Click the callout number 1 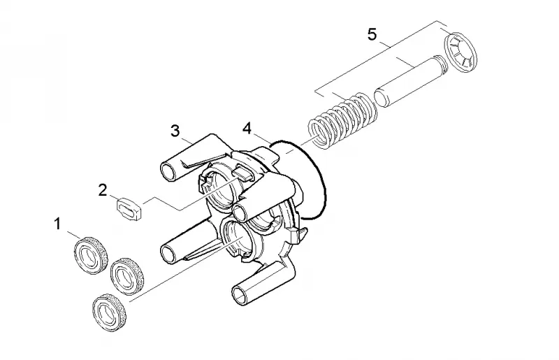57,224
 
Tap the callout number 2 103,190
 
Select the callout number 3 175,131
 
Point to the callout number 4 247,129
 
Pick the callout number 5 372,35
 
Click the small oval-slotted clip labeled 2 129,209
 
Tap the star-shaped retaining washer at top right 460,52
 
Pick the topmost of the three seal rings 91,255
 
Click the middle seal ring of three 127,276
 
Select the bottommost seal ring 109,313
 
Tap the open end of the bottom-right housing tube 239,294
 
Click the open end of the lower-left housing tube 168,253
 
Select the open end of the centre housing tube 241,213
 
